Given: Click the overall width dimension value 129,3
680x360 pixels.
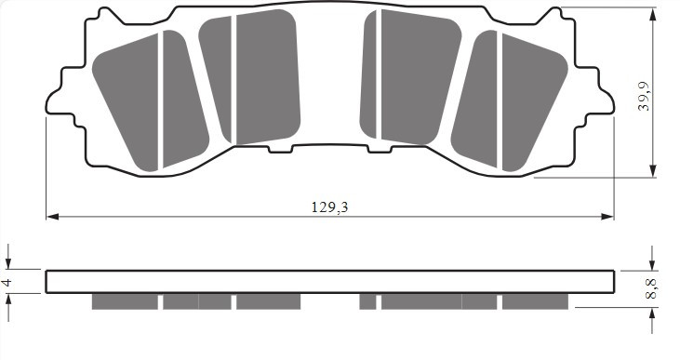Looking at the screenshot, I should (329, 207).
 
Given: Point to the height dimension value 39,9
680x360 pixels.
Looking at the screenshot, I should (644, 95).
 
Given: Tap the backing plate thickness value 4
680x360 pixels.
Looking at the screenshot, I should (7, 281).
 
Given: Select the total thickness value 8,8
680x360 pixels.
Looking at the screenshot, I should (652, 288).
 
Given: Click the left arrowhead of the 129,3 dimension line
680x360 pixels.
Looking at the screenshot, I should (52, 217).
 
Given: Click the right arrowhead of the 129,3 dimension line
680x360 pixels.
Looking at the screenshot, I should (608, 217).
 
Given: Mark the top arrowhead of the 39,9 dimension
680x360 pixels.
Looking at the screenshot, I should (654, 14).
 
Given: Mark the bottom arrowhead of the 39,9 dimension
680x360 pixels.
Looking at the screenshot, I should (654, 171).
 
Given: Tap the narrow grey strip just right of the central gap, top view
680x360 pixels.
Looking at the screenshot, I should (369, 74).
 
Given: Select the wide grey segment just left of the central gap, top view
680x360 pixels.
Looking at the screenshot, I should (268, 79).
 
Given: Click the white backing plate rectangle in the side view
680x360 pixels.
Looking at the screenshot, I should (329, 282).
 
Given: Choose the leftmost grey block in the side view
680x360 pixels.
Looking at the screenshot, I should (125, 301).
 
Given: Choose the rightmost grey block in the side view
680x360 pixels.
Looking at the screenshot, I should (535, 301).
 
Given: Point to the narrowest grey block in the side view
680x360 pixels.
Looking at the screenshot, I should (367, 301).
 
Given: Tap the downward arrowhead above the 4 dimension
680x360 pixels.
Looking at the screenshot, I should (8, 263).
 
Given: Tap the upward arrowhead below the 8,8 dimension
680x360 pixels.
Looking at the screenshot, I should (654, 313).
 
